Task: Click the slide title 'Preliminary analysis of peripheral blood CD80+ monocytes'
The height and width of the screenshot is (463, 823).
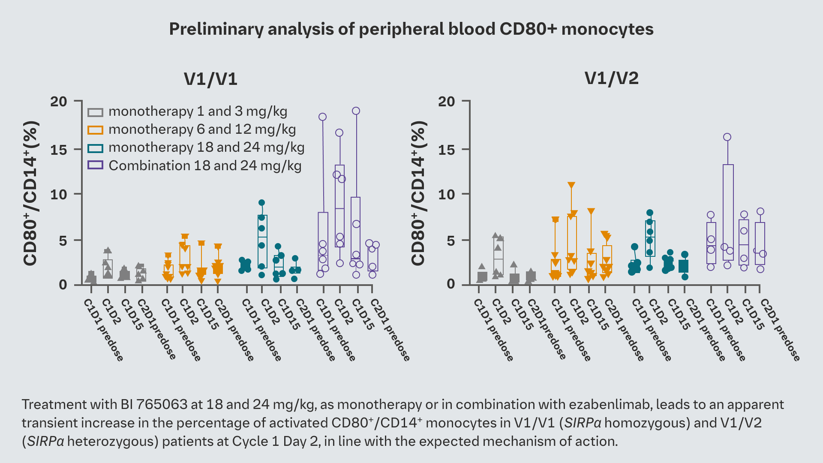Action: [411, 29]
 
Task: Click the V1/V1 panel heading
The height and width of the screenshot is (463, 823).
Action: [210, 79]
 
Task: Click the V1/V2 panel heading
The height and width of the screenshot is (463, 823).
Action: [611, 78]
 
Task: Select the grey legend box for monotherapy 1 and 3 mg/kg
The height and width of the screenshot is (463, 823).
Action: [95, 112]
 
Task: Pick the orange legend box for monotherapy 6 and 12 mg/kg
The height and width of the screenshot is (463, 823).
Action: [95, 130]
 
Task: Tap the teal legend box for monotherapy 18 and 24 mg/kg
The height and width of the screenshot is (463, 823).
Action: [95, 148]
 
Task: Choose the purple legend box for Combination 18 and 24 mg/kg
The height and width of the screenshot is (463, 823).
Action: [95, 165]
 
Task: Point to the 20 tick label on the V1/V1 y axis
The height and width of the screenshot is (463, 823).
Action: [59, 102]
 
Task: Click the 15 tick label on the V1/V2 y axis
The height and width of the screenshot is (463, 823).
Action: [447, 150]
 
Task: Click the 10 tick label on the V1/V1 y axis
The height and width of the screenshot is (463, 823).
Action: [59, 194]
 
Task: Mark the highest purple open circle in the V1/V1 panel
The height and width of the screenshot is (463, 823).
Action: [356, 111]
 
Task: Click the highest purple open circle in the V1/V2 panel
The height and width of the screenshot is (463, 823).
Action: [727, 137]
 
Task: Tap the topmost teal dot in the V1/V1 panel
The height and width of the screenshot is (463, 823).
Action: [261, 203]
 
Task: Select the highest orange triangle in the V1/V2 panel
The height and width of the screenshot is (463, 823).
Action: [571, 185]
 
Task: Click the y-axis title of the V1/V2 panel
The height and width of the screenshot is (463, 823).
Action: [418, 193]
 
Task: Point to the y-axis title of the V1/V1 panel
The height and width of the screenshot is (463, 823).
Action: [31, 193]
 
